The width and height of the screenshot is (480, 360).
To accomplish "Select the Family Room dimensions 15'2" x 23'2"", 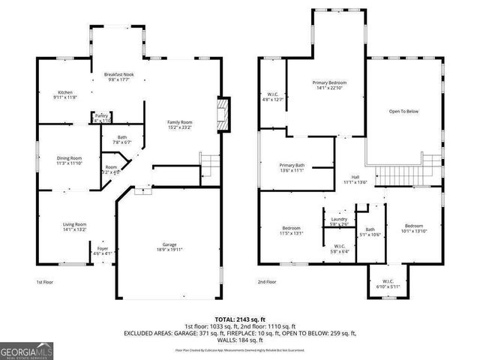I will point(180,127).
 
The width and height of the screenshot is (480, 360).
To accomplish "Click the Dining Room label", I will point(69,157).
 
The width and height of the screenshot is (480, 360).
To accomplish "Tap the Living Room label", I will point(74,223).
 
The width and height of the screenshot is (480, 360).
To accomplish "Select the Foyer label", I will point(102,248).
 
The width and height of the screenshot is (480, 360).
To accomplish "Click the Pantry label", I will point(102,115).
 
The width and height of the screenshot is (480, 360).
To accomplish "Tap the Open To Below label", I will point(403,111).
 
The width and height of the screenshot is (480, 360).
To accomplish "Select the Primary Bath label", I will point(292,165).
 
